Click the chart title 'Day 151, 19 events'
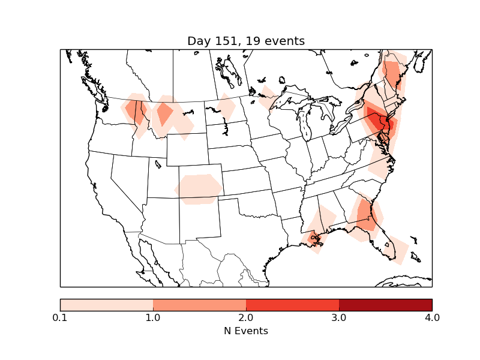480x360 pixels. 246,41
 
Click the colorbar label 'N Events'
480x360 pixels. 246,331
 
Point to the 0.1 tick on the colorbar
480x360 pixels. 60,317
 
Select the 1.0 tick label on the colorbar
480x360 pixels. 153,317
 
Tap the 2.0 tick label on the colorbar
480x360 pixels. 246,317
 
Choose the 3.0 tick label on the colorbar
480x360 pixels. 339,317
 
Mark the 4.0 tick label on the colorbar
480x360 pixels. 432,317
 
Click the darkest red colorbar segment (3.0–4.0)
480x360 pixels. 385,304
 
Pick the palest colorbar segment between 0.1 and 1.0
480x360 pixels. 107,304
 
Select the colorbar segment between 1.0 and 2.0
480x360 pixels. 199,304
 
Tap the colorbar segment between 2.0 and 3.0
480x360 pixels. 292,304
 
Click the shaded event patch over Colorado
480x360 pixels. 199,188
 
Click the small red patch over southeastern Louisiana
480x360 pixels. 313,239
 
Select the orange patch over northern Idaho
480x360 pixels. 137,111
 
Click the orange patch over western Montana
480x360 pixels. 164,113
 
